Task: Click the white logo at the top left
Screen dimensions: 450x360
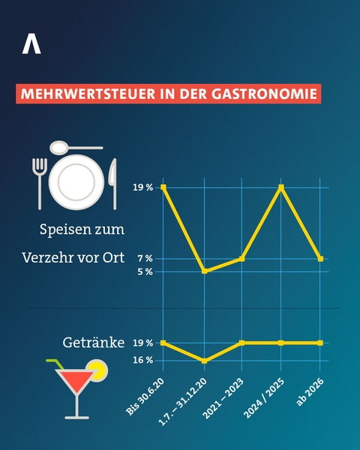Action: tap(31, 45)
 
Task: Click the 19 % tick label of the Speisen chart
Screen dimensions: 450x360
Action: tap(142, 187)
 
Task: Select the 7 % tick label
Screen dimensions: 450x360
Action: tap(145, 259)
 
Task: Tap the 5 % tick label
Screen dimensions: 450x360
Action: tap(145, 271)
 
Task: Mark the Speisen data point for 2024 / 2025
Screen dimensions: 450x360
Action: tap(281, 187)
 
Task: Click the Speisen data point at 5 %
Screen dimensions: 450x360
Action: tap(203, 271)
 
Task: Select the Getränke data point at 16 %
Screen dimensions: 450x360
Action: tap(203, 361)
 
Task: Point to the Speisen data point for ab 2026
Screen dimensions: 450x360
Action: tap(320, 259)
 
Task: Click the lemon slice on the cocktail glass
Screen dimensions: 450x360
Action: tap(96, 369)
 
